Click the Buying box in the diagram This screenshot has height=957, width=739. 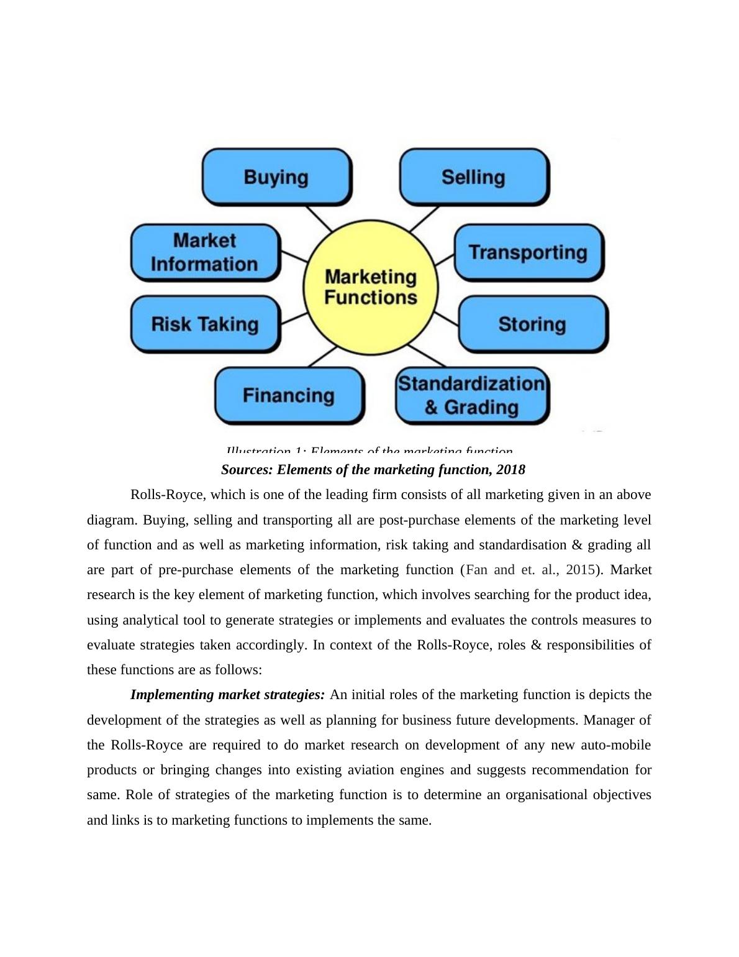tap(276, 177)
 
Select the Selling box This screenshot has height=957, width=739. tap(473, 177)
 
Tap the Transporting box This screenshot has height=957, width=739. tap(528, 252)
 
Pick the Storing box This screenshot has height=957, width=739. tap(532, 324)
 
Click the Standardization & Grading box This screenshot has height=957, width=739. tap(471, 395)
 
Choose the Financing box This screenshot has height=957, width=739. tap(289, 395)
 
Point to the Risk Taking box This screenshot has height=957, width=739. tap(205, 324)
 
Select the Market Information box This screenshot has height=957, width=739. tap(204, 252)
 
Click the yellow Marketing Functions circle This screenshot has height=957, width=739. tap(371, 287)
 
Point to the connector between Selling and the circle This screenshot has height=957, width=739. tap(424, 219)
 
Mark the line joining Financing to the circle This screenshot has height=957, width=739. tap(322, 357)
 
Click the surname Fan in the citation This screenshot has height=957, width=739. tap(477, 570)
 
